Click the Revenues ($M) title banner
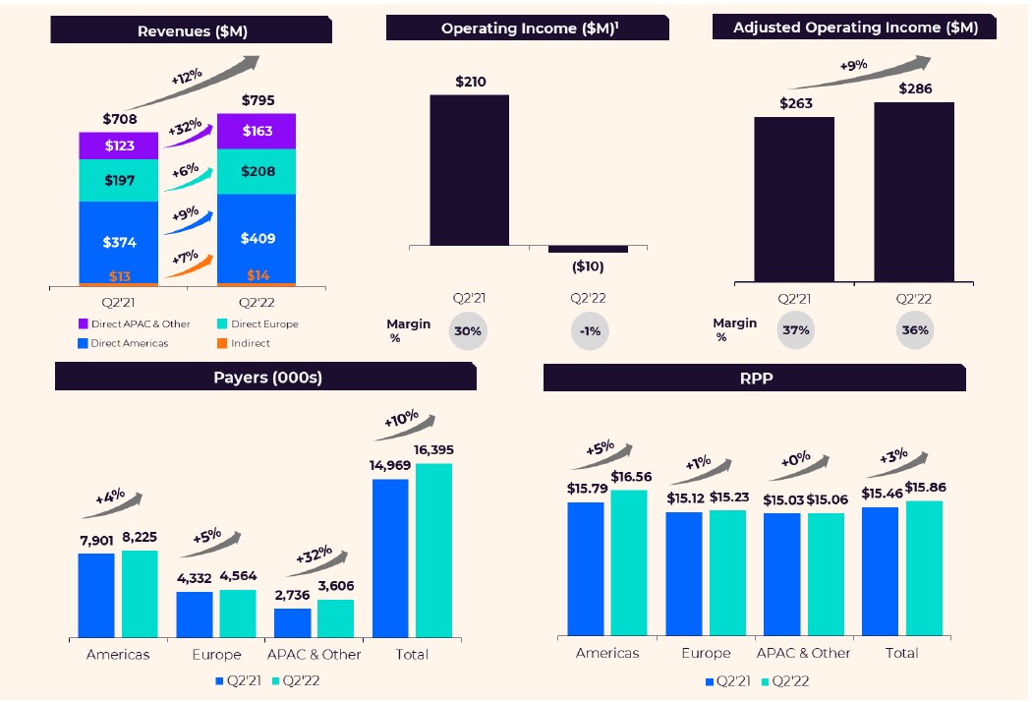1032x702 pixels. (x=192, y=30)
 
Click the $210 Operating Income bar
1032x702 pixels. (x=470, y=169)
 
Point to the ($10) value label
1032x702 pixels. (x=589, y=266)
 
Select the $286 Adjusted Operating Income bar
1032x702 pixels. (x=913, y=192)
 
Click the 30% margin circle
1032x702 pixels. (x=468, y=331)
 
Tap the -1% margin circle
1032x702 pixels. (x=590, y=331)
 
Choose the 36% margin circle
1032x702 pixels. (x=914, y=330)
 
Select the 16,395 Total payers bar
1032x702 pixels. (x=433, y=550)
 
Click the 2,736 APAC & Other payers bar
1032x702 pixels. (x=293, y=621)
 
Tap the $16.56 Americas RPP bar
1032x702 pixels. (x=629, y=562)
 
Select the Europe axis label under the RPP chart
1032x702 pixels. (x=706, y=653)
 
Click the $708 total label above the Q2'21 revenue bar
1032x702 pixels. (x=119, y=119)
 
